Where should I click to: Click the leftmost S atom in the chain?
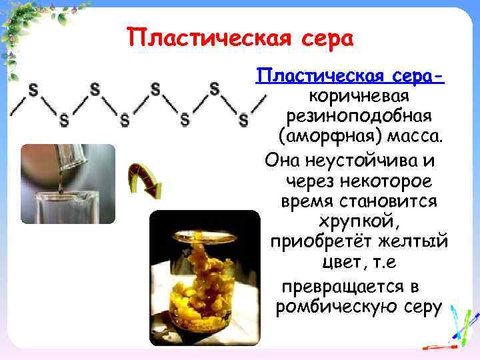click(x=33, y=88)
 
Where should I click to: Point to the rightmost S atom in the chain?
click(x=243, y=120)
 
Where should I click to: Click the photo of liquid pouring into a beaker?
click(x=58, y=183)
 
